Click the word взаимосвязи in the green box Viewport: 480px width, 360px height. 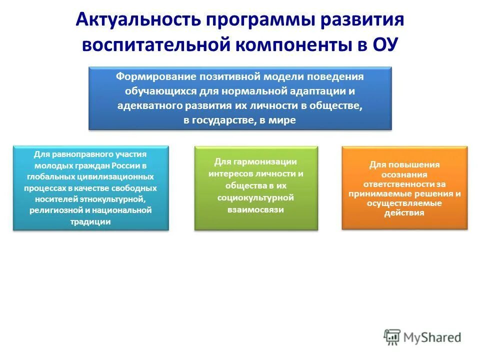coord(255,209)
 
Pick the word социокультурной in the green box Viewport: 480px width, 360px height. coord(255,197)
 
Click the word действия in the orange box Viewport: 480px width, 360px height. coord(404,212)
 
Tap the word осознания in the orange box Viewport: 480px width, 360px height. coord(404,174)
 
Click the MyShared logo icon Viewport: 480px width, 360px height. coord(392,337)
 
